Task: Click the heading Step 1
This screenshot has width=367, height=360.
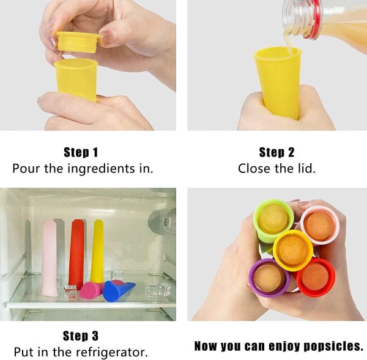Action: tap(81, 152)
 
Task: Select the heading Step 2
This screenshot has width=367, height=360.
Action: tap(276, 152)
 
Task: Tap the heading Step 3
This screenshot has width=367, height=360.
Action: tap(81, 336)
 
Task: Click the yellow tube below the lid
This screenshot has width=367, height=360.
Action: tap(76, 79)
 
